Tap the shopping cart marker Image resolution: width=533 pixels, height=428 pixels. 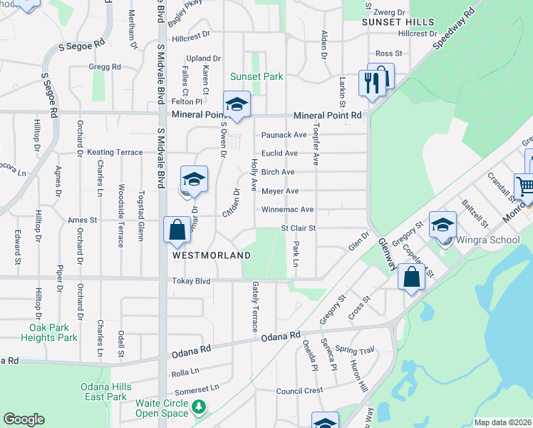tap(526, 187)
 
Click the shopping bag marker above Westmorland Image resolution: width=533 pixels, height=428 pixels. tap(177, 230)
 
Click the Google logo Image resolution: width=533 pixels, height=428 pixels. tap(24, 419)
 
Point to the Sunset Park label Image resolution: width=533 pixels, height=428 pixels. tap(257, 76)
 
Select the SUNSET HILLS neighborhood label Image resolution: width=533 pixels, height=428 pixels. tap(398, 22)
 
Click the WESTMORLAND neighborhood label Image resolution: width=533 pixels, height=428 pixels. tap(212, 255)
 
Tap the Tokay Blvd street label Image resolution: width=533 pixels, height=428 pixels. tap(191, 282)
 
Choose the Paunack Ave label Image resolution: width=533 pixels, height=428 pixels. tap(284, 135)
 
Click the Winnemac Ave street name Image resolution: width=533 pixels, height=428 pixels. tap(287, 210)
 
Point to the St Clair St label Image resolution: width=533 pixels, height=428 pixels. tap(298, 228)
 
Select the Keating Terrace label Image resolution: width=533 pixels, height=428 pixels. tap(115, 153)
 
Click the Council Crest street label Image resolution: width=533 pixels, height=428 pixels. tap(299, 391)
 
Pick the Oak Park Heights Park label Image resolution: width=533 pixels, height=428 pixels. tap(49, 332)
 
